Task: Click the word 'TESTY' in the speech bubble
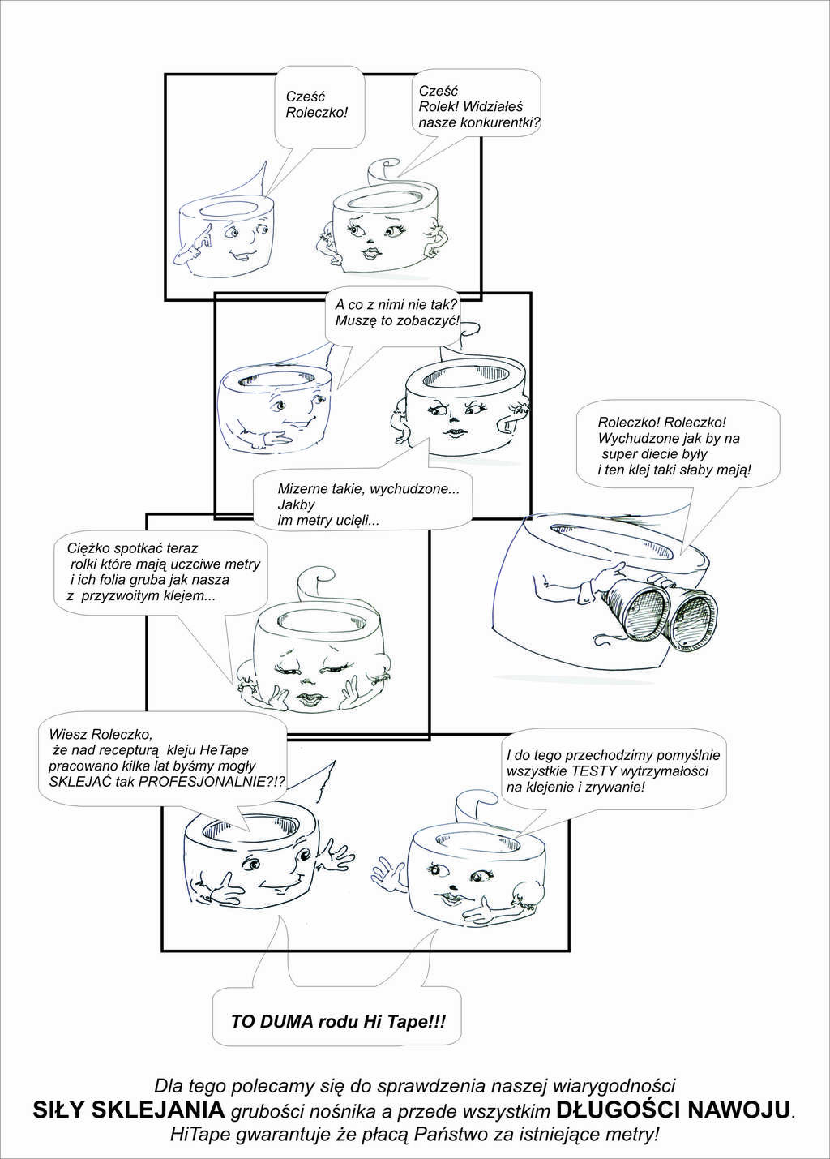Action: pyautogui.click(x=594, y=771)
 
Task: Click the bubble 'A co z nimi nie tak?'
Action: pyautogui.click(x=396, y=313)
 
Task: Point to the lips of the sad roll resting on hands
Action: pyautogui.click(x=309, y=700)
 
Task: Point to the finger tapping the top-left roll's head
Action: pyautogui.click(x=200, y=236)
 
